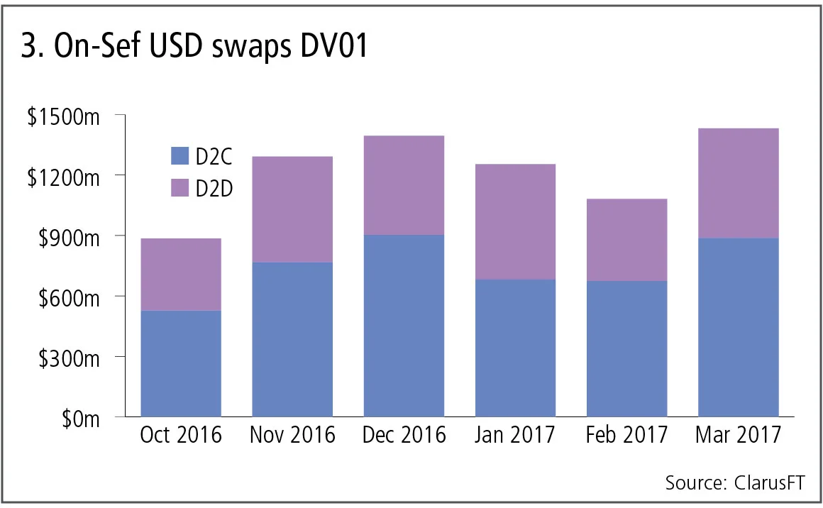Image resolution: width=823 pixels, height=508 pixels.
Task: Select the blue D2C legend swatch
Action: click(x=180, y=156)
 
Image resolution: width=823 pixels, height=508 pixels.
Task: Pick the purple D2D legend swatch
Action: click(x=180, y=187)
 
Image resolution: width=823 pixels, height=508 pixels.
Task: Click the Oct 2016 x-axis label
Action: click(x=181, y=435)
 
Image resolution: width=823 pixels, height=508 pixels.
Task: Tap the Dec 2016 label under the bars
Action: click(x=404, y=435)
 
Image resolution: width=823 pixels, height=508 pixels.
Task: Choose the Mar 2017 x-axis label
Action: click(x=738, y=435)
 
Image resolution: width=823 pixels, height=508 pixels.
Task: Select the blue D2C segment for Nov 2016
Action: click(x=292, y=339)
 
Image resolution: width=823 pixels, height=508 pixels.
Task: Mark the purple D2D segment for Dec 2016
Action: click(x=404, y=185)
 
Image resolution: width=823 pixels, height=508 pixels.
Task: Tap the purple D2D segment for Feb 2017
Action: click(x=626, y=240)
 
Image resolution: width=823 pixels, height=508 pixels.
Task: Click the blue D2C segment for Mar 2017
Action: click(x=738, y=327)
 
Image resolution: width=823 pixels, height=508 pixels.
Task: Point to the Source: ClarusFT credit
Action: click(x=735, y=483)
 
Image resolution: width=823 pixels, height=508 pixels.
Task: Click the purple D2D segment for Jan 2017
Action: click(x=515, y=222)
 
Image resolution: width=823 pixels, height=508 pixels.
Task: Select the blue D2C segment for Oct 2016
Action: click(x=181, y=363)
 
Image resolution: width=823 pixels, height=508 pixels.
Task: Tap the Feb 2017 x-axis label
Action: click(x=626, y=435)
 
